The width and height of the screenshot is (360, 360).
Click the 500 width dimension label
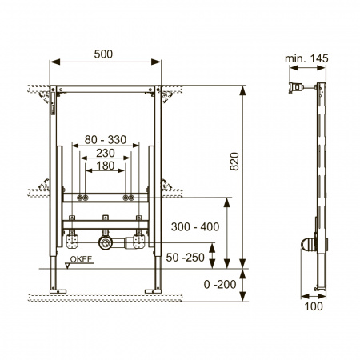pyautogui.click(x=103, y=54)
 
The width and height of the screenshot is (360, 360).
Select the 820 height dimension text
pyautogui.click(x=234, y=162)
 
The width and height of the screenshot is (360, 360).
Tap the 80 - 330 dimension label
pyautogui.click(x=106, y=140)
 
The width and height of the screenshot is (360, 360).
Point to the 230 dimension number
pyautogui.click(x=106, y=153)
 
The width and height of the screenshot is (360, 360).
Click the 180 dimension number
pyautogui.click(x=106, y=166)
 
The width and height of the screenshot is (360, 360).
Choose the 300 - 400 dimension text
pyautogui.click(x=195, y=227)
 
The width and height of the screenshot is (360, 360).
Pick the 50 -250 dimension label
pyautogui.click(x=186, y=258)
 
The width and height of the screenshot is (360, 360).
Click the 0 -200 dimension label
pyautogui.click(x=220, y=284)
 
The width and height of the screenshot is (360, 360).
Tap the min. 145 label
pyautogui.click(x=306, y=58)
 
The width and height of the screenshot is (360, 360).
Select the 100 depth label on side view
pyautogui.click(x=314, y=306)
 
